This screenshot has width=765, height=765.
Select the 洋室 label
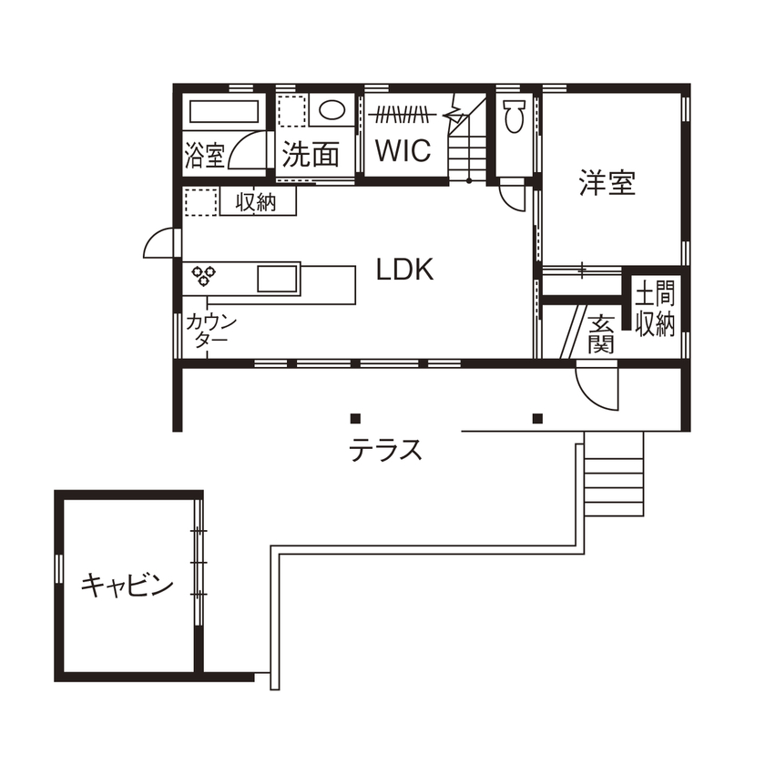pos(607,183)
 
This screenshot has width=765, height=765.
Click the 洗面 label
pos(310,154)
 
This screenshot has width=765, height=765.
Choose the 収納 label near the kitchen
pos(257,202)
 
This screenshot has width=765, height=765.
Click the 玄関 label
pos(600,333)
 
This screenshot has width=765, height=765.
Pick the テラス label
pos(386,449)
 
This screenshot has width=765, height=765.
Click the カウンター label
pos(211,330)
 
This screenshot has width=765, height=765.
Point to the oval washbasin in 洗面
pos(331,112)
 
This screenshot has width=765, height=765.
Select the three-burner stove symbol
pos(201,273)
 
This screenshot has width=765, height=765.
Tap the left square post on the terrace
pos(355,419)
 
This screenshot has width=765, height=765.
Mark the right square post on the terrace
pos(537,419)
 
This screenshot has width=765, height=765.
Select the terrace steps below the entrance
pos(613,474)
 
